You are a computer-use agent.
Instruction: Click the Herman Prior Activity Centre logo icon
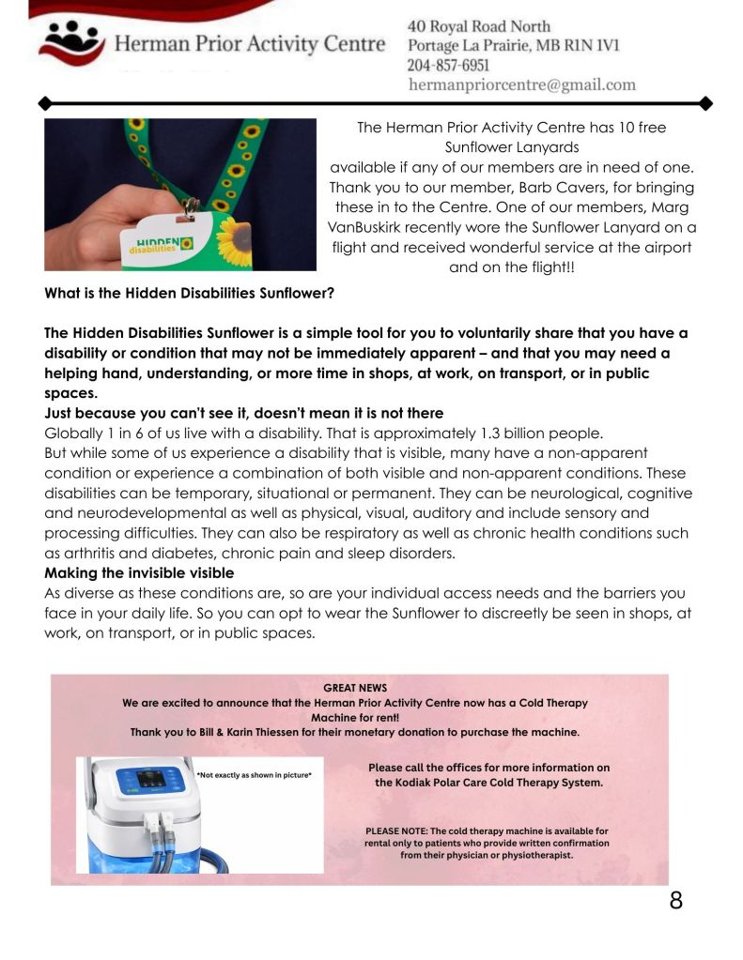(x=70, y=39)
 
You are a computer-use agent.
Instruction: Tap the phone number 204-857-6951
(x=448, y=66)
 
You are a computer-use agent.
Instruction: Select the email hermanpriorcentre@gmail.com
(x=521, y=84)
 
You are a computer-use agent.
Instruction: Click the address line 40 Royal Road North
(x=479, y=26)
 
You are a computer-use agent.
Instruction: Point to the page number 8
(x=675, y=901)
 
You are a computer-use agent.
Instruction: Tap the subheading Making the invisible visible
(x=139, y=572)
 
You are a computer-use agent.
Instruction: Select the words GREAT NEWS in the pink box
(x=354, y=688)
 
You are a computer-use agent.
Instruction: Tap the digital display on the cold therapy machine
(x=150, y=779)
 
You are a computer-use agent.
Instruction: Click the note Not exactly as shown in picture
(x=254, y=776)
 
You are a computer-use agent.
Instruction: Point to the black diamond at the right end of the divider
(x=706, y=102)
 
